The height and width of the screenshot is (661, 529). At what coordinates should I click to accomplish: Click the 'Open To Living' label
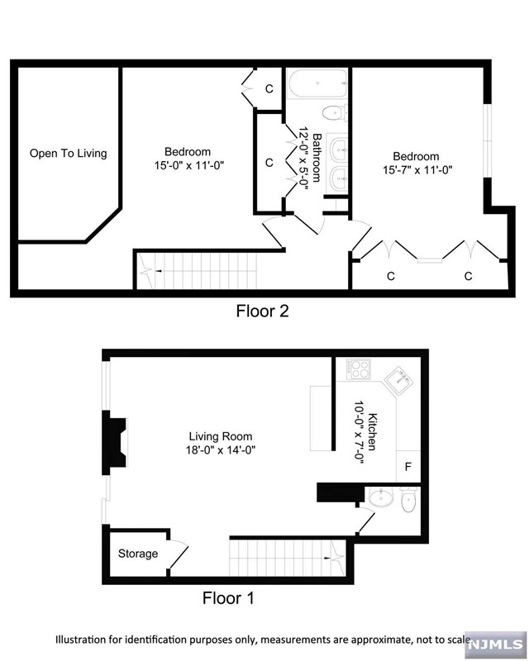tap(69, 153)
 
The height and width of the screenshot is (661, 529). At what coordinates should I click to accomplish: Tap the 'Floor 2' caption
tap(262, 311)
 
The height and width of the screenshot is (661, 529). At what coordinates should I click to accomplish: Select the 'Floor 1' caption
tap(228, 598)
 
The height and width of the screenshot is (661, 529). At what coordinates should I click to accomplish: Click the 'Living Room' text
tap(221, 436)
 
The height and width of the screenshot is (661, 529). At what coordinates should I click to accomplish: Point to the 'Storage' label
tap(137, 554)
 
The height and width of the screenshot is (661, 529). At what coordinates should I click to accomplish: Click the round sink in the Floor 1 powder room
tap(381, 498)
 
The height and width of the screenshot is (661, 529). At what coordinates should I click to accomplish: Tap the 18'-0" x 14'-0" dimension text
tap(221, 450)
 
